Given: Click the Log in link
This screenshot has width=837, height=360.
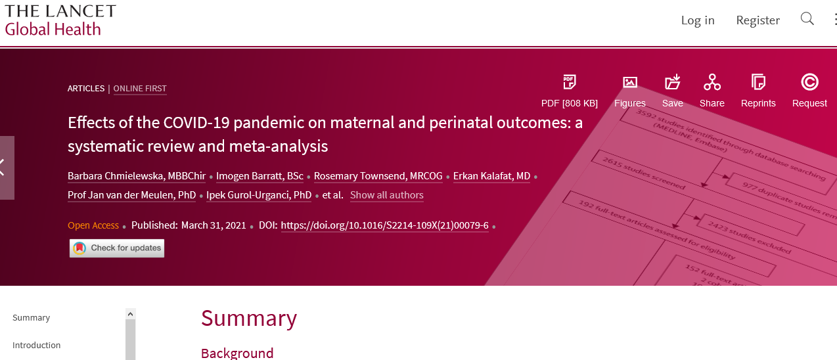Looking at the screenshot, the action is (698, 20).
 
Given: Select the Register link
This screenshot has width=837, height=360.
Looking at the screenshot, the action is (758, 20).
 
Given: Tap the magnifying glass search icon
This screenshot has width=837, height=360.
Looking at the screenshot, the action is (807, 18).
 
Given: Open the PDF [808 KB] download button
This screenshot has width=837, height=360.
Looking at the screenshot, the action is (570, 91).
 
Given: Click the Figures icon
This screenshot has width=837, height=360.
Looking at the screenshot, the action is (630, 82).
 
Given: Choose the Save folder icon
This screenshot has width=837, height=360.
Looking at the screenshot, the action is (673, 81).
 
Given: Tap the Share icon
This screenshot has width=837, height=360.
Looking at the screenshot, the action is (712, 82).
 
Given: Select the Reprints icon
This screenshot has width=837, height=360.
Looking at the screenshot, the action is (758, 82).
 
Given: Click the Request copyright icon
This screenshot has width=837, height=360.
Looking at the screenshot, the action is (809, 82).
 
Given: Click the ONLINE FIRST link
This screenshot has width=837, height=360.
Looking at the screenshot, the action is (140, 89).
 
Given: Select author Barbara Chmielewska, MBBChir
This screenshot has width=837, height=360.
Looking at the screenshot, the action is (137, 176).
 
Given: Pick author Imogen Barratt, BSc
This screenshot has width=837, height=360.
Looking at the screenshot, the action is (260, 176).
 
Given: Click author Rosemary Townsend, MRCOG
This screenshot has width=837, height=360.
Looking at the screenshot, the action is (378, 176).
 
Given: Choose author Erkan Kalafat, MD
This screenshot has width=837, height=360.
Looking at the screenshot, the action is (491, 176).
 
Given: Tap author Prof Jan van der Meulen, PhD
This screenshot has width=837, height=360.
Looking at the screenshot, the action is (132, 195).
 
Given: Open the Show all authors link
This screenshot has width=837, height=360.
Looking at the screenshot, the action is (387, 195).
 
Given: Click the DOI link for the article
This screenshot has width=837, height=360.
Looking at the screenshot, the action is (384, 225).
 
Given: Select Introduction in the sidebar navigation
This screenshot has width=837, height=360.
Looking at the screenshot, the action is (36, 345).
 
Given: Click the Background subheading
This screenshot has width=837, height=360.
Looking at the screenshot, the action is (237, 353).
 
